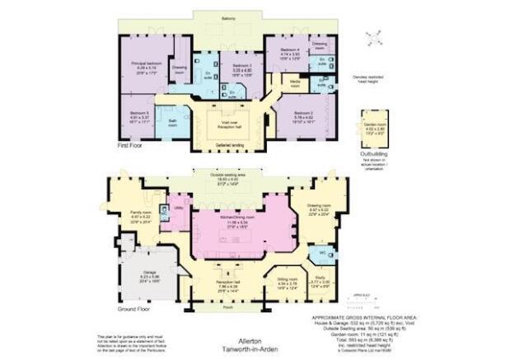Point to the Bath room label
click(x=174, y=120)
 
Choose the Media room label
click(x=294, y=86)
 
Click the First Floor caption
click(x=131, y=145)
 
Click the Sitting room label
click(x=287, y=280)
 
